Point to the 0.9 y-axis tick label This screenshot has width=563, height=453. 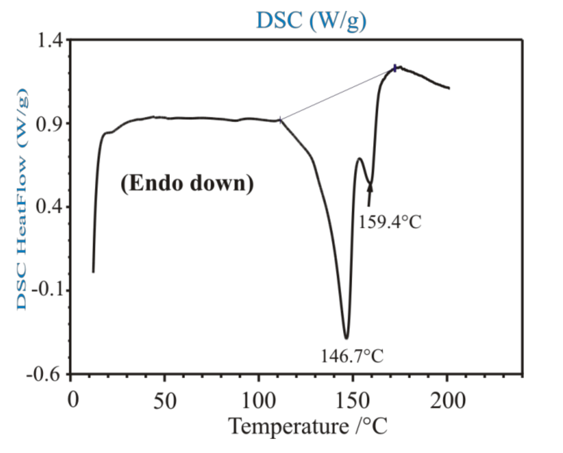point(49,124)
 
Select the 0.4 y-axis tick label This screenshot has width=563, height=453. point(49,207)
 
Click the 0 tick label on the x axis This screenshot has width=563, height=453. point(73,400)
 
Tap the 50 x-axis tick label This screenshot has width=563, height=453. point(165,401)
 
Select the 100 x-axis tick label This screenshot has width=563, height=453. point(258,401)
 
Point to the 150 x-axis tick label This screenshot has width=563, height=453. point(352,401)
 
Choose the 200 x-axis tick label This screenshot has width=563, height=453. point(447,401)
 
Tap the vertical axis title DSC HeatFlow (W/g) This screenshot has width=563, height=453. point(22,199)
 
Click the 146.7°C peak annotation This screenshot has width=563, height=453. point(352,356)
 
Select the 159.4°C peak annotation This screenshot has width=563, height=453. point(390,222)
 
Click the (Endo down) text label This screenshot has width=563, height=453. point(187,184)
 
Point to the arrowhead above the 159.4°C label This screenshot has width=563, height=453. point(370,188)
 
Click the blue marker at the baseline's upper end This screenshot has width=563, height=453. point(395,68)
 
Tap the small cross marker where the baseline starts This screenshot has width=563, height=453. point(280,120)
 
